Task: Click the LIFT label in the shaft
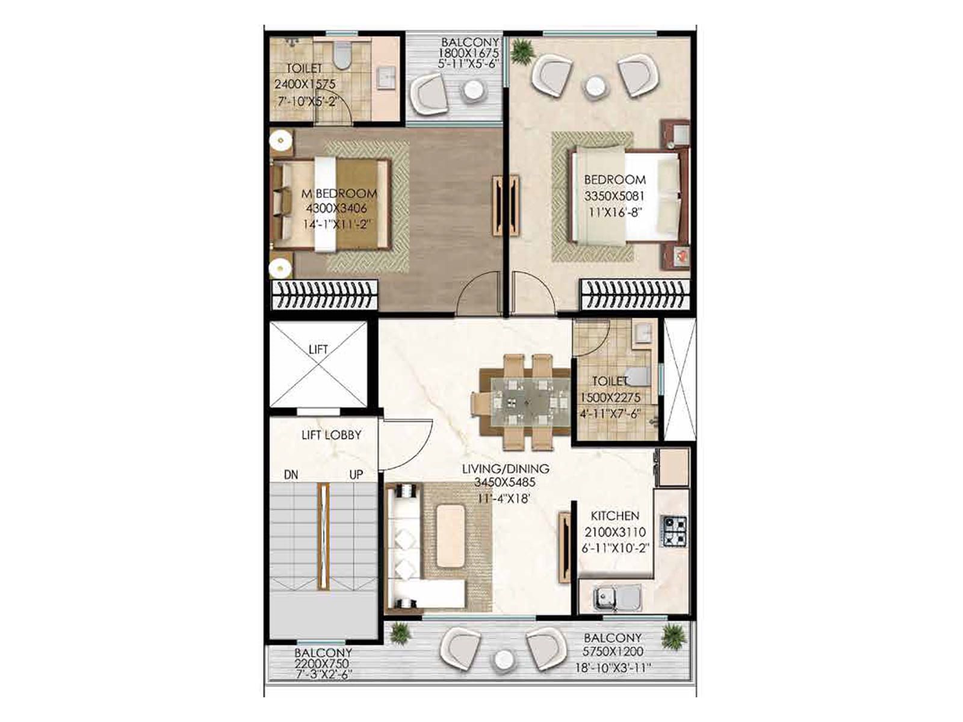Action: pos(318,350)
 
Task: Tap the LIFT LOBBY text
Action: pos(331,434)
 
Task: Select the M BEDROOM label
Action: pos(339,194)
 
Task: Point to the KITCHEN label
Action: pos(615,516)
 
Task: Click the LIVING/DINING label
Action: pos(506,468)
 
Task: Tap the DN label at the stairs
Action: pos(291,475)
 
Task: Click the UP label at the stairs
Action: pos(356,475)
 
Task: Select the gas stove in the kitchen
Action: pos(675,531)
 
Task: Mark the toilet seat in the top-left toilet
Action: pos(342,57)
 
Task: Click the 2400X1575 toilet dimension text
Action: pos(305,85)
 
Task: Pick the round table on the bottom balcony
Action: pos(503,661)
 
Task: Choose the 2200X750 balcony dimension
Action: pos(321,663)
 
